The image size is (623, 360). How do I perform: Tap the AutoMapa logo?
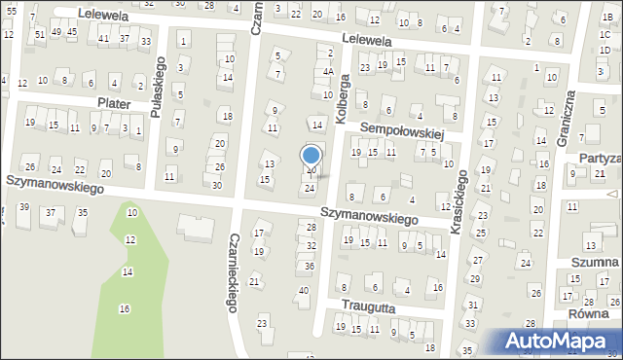coord(562,342)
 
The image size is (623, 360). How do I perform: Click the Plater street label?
coord(114,102)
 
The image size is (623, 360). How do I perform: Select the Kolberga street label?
coord(342,88)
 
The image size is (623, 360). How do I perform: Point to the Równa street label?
coord(587,314)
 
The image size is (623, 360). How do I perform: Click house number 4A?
coord(328,71)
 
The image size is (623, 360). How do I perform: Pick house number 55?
coord(11,10)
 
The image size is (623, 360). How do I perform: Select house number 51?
coord(39,34)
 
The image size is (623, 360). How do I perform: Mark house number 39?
coord(23,207)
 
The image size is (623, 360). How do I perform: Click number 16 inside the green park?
coord(124,308)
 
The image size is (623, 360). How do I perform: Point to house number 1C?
coord(605,34)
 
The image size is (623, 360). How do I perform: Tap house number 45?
coord(71,32)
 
